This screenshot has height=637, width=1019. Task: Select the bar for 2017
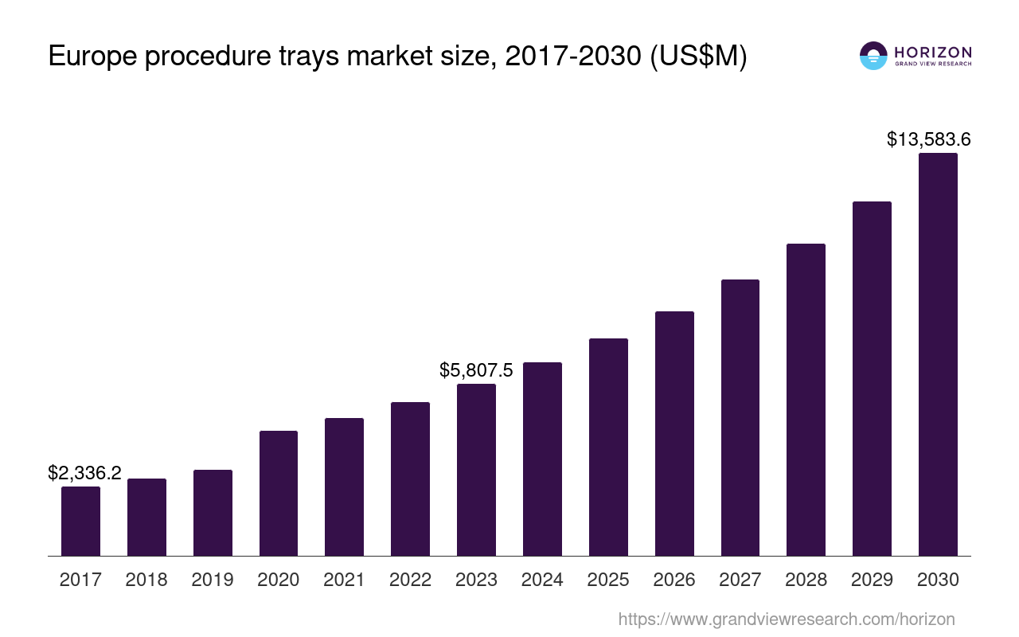[80, 521]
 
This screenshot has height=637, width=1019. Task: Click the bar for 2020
[279, 493]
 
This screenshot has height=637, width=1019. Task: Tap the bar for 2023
[476, 470]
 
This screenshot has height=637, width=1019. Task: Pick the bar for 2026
[674, 433]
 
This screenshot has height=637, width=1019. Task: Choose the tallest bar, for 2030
[938, 354]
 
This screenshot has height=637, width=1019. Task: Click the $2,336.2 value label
[84, 473]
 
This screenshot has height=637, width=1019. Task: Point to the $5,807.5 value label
[476, 370]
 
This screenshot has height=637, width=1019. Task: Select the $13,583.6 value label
[928, 139]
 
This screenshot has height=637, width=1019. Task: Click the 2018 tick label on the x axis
[146, 580]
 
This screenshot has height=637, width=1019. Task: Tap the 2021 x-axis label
[344, 580]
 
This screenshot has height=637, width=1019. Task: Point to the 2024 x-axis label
[542, 580]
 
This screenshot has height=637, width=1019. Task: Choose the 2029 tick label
[872, 580]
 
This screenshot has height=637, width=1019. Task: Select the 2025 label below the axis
[608, 580]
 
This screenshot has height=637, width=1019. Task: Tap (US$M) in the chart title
[698, 57]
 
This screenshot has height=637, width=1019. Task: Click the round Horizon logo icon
[873, 56]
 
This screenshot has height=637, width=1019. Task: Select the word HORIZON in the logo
[933, 52]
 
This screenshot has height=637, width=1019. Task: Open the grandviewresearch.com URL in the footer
[786, 619]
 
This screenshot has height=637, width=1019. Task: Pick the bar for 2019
[213, 513]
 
